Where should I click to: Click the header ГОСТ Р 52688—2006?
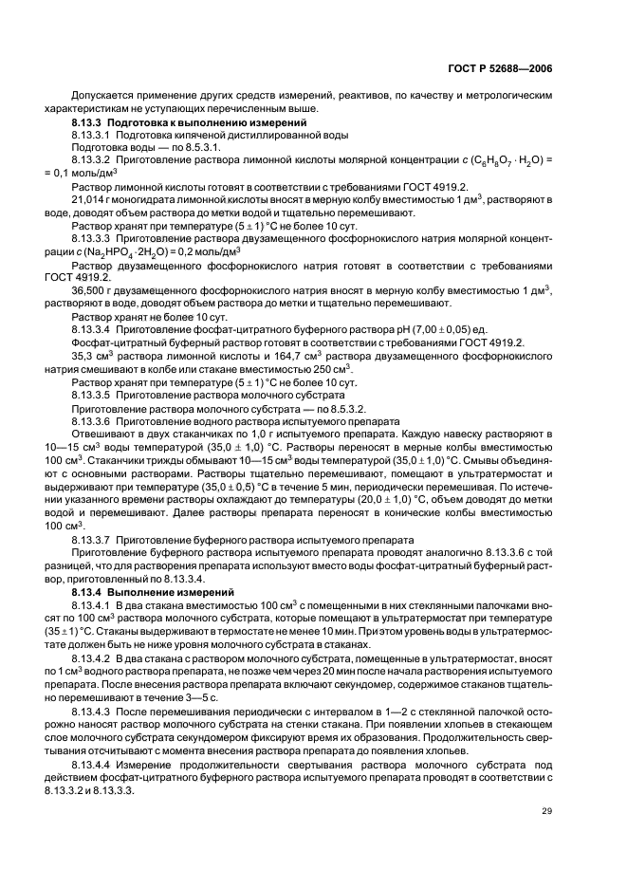point(513,66)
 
